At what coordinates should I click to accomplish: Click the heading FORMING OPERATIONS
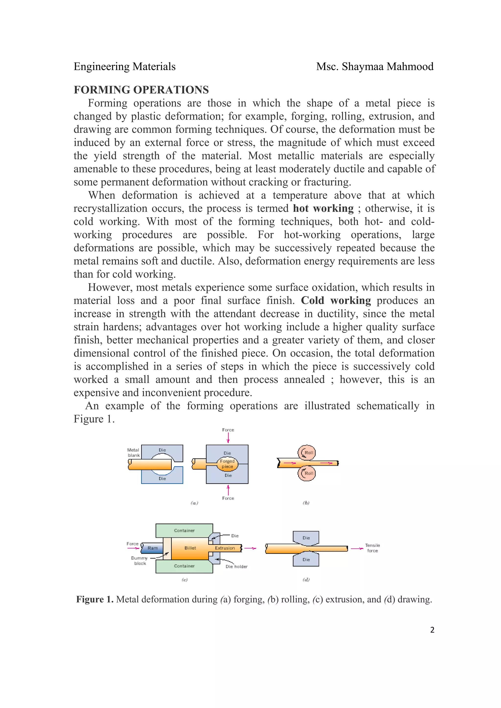click(141, 90)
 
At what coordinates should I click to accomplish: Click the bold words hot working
click(323, 208)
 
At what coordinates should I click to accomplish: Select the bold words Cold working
click(336, 300)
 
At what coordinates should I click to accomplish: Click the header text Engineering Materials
click(125, 67)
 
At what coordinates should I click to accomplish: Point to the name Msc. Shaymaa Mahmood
click(375, 67)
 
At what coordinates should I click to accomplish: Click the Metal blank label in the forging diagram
click(134, 452)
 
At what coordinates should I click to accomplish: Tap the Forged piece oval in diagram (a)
click(227, 463)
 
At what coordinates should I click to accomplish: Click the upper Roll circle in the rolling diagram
click(307, 452)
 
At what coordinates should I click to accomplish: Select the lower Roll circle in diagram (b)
click(307, 473)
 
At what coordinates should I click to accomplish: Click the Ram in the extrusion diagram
click(152, 548)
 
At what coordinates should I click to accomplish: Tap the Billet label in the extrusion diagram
click(190, 548)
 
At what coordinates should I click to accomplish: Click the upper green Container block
click(184, 530)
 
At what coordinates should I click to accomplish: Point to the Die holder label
click(237, 567)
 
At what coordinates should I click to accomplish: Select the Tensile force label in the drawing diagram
click(372, 548)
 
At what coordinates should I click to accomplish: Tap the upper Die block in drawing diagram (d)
click(306, 537)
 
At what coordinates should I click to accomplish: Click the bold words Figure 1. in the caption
click(95, 599)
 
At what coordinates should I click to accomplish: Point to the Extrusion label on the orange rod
click(225, 548)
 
